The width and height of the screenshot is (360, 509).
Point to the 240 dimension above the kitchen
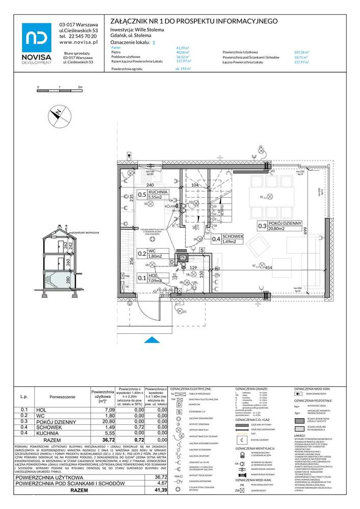[x=136, y=185]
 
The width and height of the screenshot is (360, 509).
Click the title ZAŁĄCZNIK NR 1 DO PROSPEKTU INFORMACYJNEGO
[x=194, y=21]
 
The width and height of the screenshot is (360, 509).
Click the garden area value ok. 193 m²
[x=183, y=68]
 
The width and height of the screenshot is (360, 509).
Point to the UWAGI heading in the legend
[x=300, y=435]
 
